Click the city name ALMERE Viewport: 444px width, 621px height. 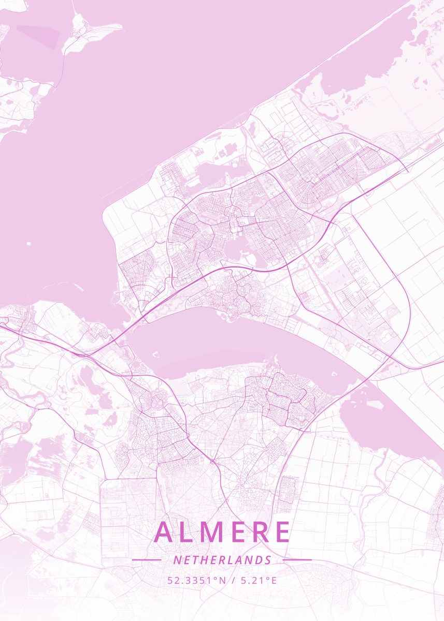tap(222, 531)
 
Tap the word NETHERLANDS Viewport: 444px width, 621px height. tap(222, 560)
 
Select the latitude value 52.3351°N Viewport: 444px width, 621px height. tap(196, 580)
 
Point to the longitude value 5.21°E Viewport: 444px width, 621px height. tap(257, 580)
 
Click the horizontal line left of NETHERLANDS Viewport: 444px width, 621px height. tap(147, 559)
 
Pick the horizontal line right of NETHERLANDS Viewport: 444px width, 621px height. tap(297, 559)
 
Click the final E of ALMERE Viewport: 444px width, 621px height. tap(282, 531)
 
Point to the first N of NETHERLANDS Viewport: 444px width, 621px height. tap(177, 560)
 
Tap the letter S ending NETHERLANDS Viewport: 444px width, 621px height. tap(268, 560)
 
